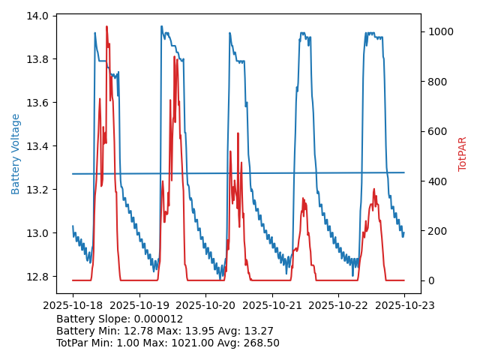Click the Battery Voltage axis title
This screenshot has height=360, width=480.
(16, 154)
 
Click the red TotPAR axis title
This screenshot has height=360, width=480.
(463, 154)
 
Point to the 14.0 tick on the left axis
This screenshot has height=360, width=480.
(39, 16)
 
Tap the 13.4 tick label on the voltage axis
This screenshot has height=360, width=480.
(39, 146)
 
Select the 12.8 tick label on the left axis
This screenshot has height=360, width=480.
(39, 277)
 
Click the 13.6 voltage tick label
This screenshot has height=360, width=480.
(39, 103)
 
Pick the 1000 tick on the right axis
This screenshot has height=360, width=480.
(440, 31)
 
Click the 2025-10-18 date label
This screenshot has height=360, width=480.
(73, 305)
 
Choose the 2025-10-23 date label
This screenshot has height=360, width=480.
(404, 305)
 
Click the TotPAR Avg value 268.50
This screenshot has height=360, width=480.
(259, 343)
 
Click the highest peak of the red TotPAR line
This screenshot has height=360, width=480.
(106, 27)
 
